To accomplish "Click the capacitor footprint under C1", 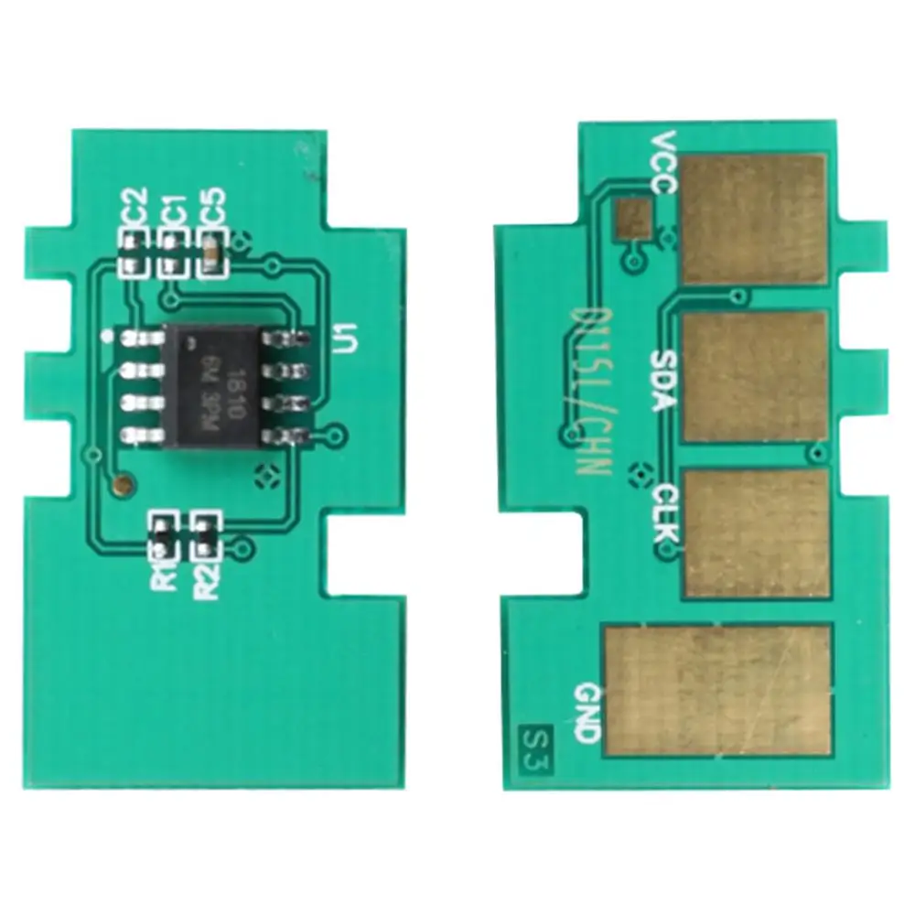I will tap(171, 253).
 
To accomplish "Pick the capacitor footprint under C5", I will tap(211, 253).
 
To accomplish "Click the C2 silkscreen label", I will tap(134, 207).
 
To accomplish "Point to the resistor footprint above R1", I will tap(161, 536).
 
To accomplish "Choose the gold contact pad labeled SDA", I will tap(755, 375).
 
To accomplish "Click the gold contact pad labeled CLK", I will tap(757, 533).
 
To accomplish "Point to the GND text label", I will tap(587, 712).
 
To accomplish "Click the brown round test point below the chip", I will tap(120, 479).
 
